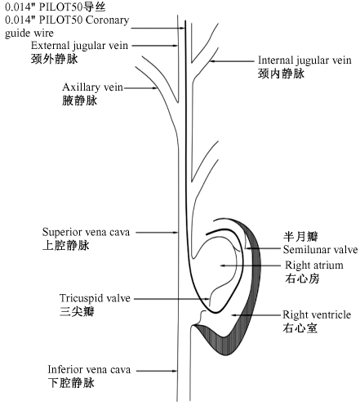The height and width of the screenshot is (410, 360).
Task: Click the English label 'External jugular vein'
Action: tap(78, 45)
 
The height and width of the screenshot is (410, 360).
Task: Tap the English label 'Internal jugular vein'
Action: tap(304, 60)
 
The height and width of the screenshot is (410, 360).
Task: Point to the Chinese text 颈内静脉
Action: tap(281, 74)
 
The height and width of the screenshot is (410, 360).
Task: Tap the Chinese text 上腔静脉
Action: tap(64, 244)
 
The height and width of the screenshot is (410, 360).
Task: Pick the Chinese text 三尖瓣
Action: tap(77, 311)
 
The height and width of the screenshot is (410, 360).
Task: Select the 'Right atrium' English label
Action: tap(314, 265)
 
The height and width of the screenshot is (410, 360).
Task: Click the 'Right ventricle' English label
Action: tap(316, 314)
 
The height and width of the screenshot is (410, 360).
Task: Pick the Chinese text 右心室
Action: tap(299, 328)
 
